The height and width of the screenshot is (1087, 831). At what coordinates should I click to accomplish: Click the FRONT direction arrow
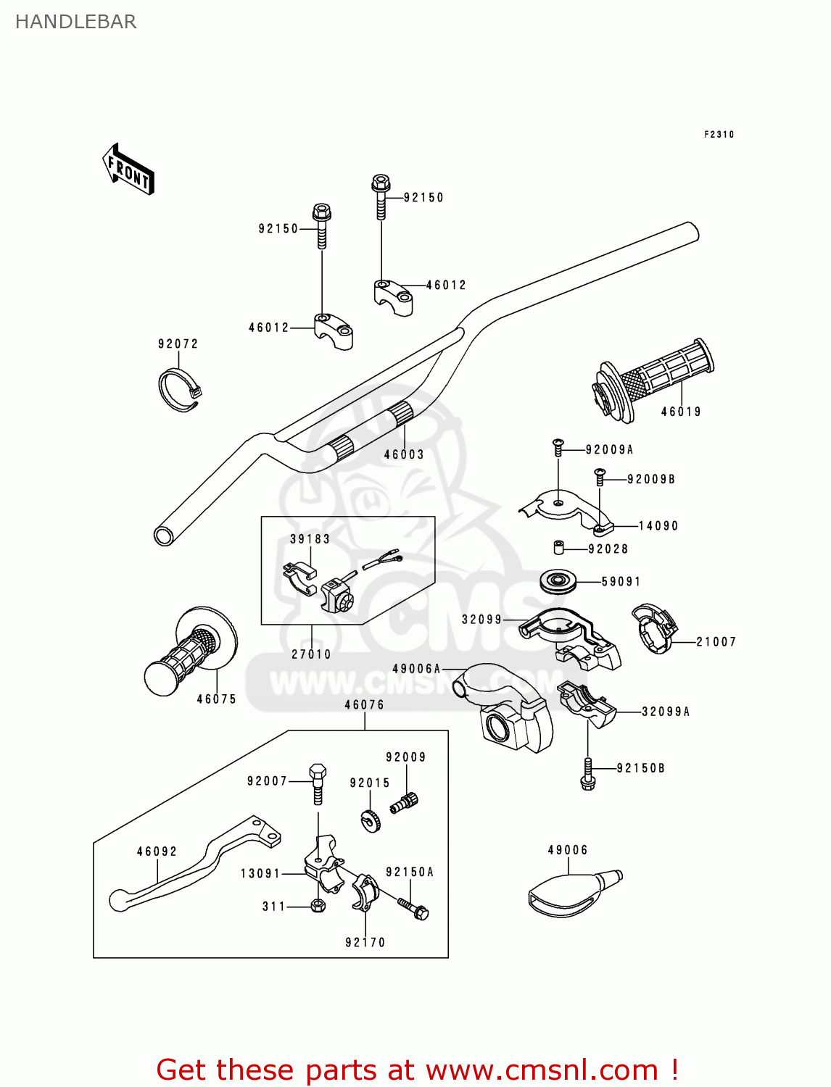click(128, 170)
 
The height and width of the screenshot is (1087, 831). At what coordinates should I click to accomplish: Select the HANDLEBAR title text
click(75, 22)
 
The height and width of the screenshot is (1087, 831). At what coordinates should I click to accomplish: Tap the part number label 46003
click(404, 454)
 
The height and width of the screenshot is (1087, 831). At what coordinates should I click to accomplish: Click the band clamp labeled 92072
click(179, 390)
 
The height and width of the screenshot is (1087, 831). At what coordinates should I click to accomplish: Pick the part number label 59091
click(621, 581)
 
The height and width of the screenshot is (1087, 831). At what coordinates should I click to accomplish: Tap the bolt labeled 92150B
click(587, 774)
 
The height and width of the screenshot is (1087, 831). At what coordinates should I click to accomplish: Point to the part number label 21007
click(716, 641)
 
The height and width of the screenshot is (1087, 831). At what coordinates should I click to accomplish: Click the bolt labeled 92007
click(318, 782)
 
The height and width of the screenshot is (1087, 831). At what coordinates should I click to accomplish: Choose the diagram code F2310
click(719, 134)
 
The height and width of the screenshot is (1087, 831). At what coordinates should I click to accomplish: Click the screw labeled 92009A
click(558, 447)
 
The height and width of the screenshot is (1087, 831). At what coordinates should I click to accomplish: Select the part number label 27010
click(311, 654)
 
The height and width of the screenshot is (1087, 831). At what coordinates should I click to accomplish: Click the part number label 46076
click(364, 704)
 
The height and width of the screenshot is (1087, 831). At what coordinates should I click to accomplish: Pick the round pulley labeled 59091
click(558, 581)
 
